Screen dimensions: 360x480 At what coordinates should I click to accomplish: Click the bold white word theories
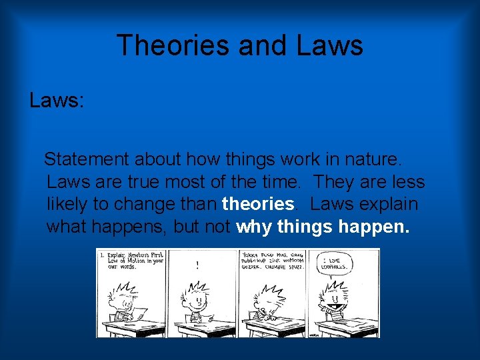(258, 204)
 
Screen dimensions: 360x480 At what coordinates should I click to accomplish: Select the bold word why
(254, 227)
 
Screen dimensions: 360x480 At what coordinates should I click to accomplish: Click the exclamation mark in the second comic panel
(197, 265)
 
